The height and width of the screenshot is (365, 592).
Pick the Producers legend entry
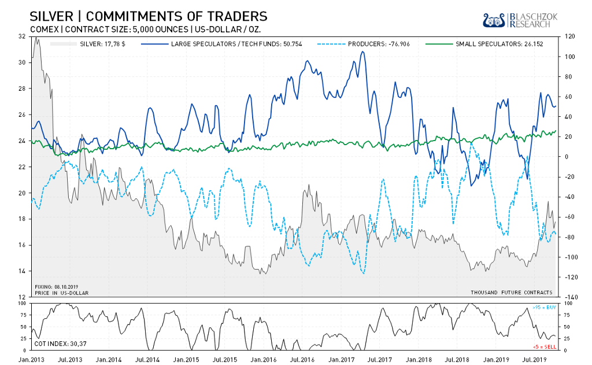pos(379,44)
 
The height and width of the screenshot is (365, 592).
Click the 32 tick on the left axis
pos(22,36)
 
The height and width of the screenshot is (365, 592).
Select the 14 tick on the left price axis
pos(22,271)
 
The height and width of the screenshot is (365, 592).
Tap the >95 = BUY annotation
pos(543,307)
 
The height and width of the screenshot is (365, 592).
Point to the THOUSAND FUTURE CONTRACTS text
pos(512,293)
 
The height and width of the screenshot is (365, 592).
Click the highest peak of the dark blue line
pos(362,51)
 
